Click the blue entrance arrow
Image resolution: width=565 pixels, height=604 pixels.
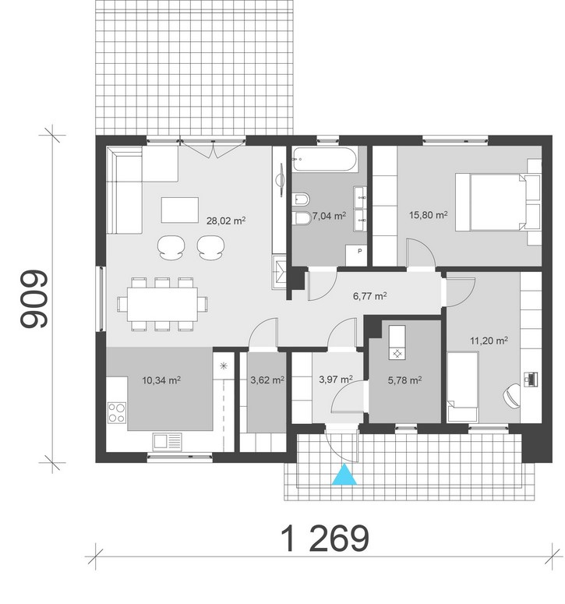[344, 474]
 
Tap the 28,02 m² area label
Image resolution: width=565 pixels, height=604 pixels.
[226, 221]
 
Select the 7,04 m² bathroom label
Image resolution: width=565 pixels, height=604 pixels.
[329, 216]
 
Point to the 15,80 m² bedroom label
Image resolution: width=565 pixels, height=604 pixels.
[429, 214]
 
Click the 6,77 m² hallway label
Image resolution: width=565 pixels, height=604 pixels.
[369, 296]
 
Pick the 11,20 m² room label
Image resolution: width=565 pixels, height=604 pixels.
[489, 341]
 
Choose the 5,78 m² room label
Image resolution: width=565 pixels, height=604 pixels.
[404, 380]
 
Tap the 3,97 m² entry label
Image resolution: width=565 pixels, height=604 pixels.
[336, 380]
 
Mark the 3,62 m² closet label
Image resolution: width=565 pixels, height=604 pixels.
[267, 380]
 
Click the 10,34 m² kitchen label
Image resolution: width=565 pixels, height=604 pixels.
[162, 380]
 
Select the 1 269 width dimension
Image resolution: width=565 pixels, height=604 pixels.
[326, 538]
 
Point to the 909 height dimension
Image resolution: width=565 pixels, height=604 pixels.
[34, 299]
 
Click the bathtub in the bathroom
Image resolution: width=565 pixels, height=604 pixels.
[324, 158]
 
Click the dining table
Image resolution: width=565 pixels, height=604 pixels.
[163, 304]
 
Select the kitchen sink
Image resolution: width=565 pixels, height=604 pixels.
[167, 441]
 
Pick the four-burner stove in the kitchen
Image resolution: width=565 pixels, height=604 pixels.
[117, 412]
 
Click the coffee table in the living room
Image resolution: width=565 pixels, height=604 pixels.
[180, 210]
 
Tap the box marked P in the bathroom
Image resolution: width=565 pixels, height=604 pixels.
[356, 255]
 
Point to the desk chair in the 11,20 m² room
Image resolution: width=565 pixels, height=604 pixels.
[511, 396]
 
